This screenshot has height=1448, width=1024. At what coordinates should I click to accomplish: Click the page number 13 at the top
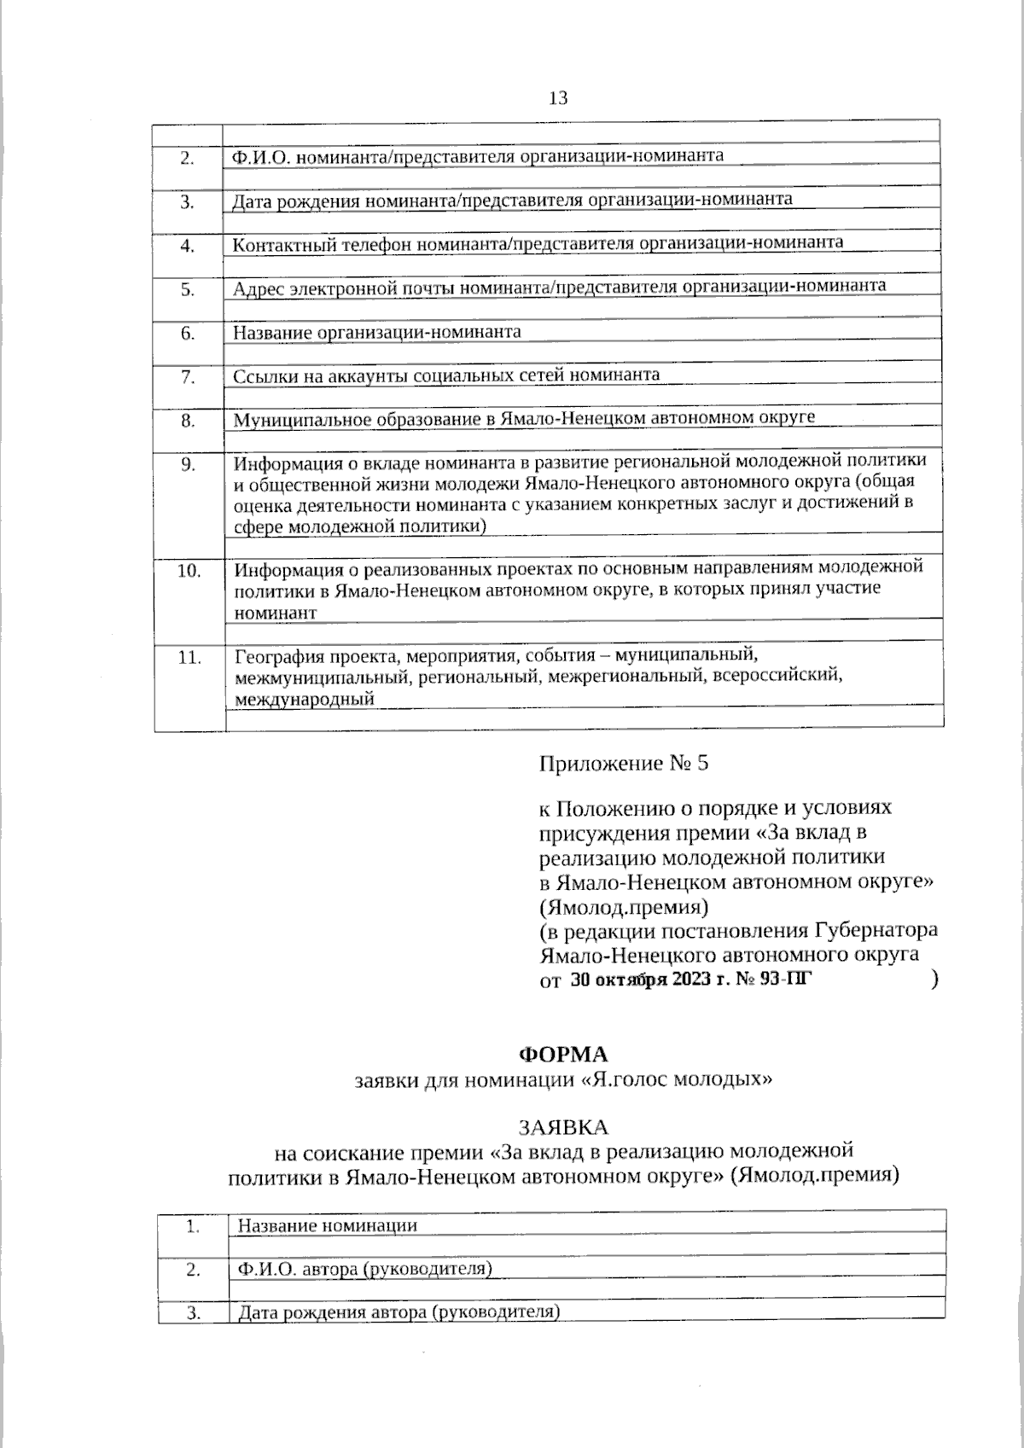(558, 98)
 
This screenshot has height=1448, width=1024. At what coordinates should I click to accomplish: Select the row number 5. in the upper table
(188, 289)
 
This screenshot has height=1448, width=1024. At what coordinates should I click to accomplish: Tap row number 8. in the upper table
(188, 421)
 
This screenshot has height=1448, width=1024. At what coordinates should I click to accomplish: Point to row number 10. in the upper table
(189, 571)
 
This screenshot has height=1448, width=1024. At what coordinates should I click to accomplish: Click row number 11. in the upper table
(189, 658)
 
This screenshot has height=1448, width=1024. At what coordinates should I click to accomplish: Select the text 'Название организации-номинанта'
(377, 332)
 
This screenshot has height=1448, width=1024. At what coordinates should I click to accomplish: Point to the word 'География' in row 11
(271, 657)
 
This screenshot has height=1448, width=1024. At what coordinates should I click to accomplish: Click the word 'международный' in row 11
(305, 700)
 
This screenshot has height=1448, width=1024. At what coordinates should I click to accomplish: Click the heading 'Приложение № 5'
(623, 763)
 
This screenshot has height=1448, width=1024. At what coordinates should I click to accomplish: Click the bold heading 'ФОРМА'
(563, 1055)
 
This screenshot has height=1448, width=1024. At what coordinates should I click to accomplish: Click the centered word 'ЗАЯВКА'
(563, 1128)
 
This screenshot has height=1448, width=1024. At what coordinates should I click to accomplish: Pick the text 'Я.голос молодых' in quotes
(676, 1080)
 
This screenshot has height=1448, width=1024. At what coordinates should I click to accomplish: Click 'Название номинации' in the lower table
(328, 1226)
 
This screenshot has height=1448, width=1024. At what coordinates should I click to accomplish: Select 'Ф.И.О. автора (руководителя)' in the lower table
(365, 1269)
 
